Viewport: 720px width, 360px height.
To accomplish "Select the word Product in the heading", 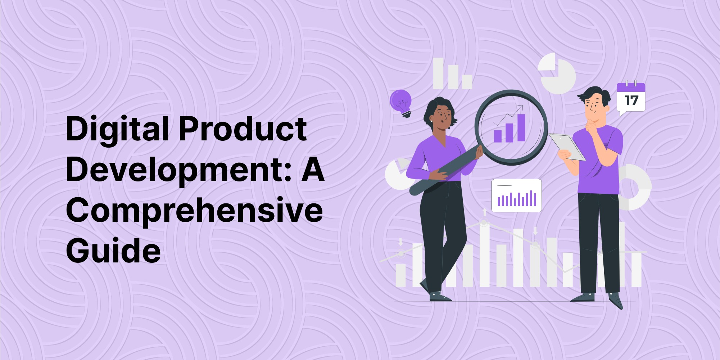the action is click(x=243, y=129).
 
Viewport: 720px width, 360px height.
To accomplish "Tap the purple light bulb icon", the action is click(x=402, y=103).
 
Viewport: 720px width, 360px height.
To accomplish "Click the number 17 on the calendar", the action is click(x=631, y=100).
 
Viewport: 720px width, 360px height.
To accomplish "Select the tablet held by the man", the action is click(x=567, y=147).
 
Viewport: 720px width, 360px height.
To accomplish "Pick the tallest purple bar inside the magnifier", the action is click(x=521, y=128).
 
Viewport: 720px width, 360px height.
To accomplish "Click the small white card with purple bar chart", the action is click(x=516, y=195).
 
